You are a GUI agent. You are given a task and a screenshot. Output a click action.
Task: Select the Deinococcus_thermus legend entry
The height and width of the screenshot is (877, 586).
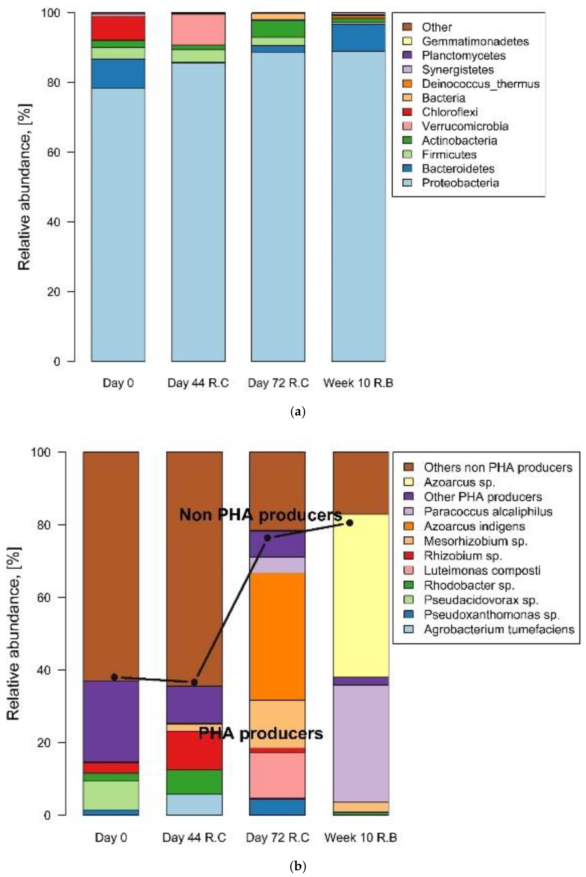[x=480, y=84]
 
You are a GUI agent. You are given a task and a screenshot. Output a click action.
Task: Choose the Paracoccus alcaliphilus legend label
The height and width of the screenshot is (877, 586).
[x=488, y=511]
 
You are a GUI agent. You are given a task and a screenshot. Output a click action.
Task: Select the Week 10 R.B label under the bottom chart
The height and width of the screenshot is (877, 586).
[x=360, y=837]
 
